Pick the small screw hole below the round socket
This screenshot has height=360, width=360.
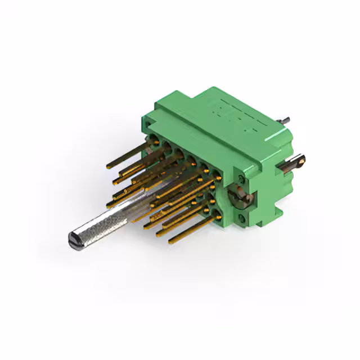click(x=243, y=217)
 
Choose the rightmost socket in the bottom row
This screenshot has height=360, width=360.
click(x=217, y=213)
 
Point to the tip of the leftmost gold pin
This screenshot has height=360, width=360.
click(x=108, y=167)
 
